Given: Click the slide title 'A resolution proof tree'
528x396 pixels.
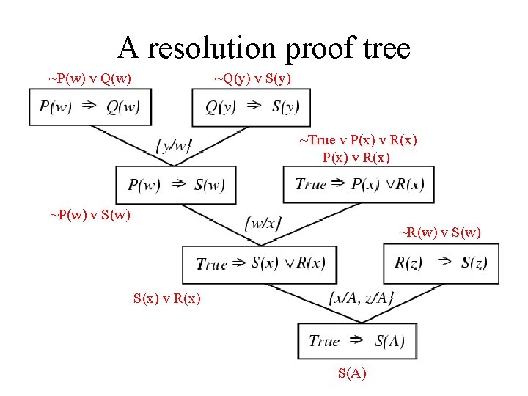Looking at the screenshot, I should tap(264, 48).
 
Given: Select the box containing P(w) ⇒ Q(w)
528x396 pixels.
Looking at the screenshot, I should tap(89, 107).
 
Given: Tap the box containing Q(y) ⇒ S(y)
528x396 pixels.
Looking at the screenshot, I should tap(252, 107).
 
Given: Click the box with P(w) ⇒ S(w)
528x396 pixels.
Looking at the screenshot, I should tap(176, 185).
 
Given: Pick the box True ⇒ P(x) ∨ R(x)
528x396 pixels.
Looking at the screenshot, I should tap(359, 184).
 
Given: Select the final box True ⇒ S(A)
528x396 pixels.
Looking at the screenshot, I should tap(357, 341).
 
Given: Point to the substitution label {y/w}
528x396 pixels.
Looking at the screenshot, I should tap(174, 145).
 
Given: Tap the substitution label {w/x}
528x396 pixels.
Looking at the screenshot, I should tap(263, 223).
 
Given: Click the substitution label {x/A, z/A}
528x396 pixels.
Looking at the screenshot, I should tap(363, 298).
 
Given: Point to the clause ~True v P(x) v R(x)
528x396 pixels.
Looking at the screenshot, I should tap(358, 140).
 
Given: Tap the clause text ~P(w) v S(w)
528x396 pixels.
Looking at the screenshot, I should tap(89, 215).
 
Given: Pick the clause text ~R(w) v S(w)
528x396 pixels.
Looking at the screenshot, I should tap(440, 233).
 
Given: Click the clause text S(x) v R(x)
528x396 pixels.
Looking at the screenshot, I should tap(166, 298).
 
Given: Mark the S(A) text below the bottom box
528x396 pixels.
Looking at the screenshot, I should tap(352, 373).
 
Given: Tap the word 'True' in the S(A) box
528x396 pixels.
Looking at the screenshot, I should tap(324, 341).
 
